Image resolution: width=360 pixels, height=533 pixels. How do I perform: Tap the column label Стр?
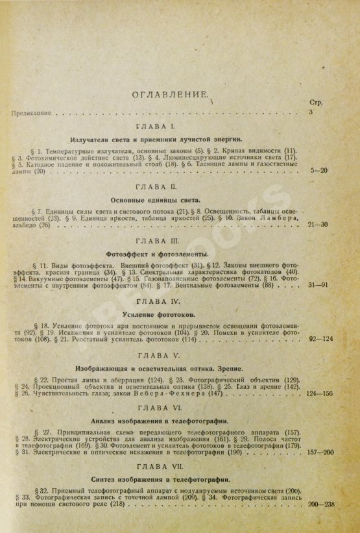(x=317, y=103)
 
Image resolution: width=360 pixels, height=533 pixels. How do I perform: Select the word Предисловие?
(x=30, y=113)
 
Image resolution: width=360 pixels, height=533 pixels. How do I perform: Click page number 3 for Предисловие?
(x=311, y=113)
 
